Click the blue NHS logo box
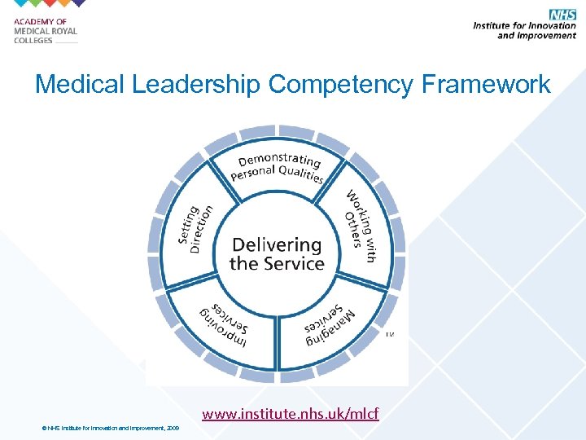click(562, 14)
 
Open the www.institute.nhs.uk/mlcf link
click(291, 415)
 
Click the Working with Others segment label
click(360, 224)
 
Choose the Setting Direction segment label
click(195, 229)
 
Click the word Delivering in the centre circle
click(277, 244)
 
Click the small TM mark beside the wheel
click(389, 334)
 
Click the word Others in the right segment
click(352, 227)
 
